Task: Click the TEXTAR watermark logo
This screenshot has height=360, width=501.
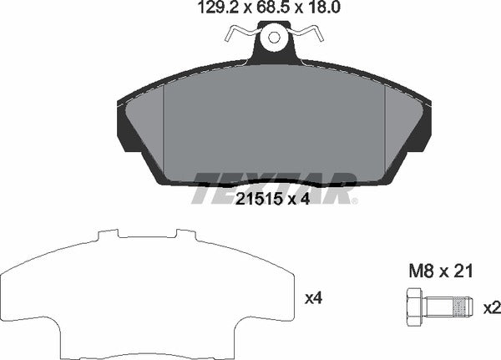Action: pos(274,187)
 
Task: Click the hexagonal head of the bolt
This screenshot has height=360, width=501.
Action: pos(415,307)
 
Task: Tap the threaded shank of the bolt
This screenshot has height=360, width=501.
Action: pos(455,307)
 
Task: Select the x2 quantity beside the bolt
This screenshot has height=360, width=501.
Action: pos(492,307)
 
